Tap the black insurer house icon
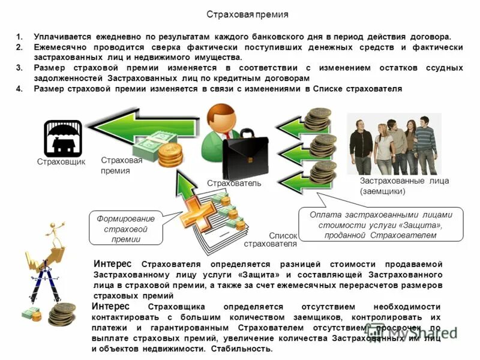pyautogui.click(x=62, y=138)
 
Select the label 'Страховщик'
pyautogui.click(x=61, y=162)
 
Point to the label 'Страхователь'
pyautogui.click(x=234, y=183)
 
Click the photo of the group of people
pyautogui.click(x=393, y=144)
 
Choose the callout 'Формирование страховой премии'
pyautogui.click(x=125, y=229)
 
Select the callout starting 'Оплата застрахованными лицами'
pyautogui.click(x=380, y=224)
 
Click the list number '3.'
pyautogui.click(x=19, y=68)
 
